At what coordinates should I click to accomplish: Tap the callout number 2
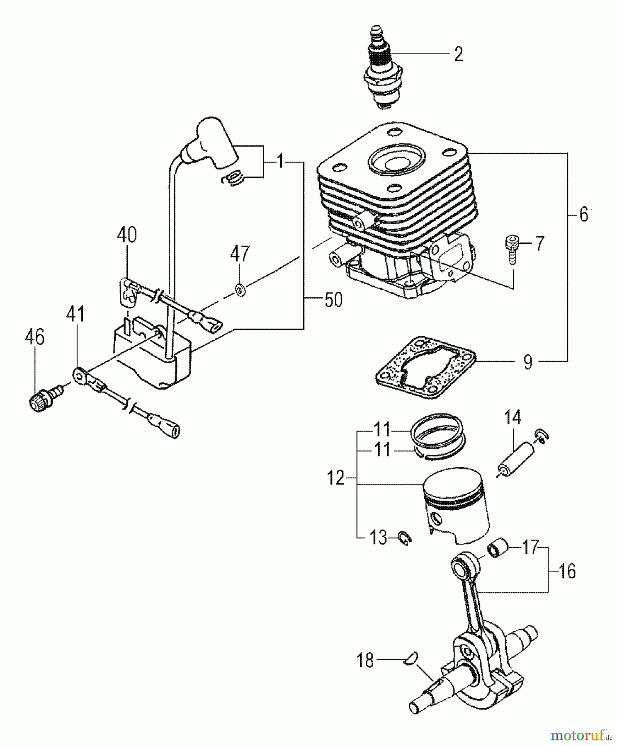458,54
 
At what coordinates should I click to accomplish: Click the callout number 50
333,300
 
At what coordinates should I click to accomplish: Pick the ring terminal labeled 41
79,375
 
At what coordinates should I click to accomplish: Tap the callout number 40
126,235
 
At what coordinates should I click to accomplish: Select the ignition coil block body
153,356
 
